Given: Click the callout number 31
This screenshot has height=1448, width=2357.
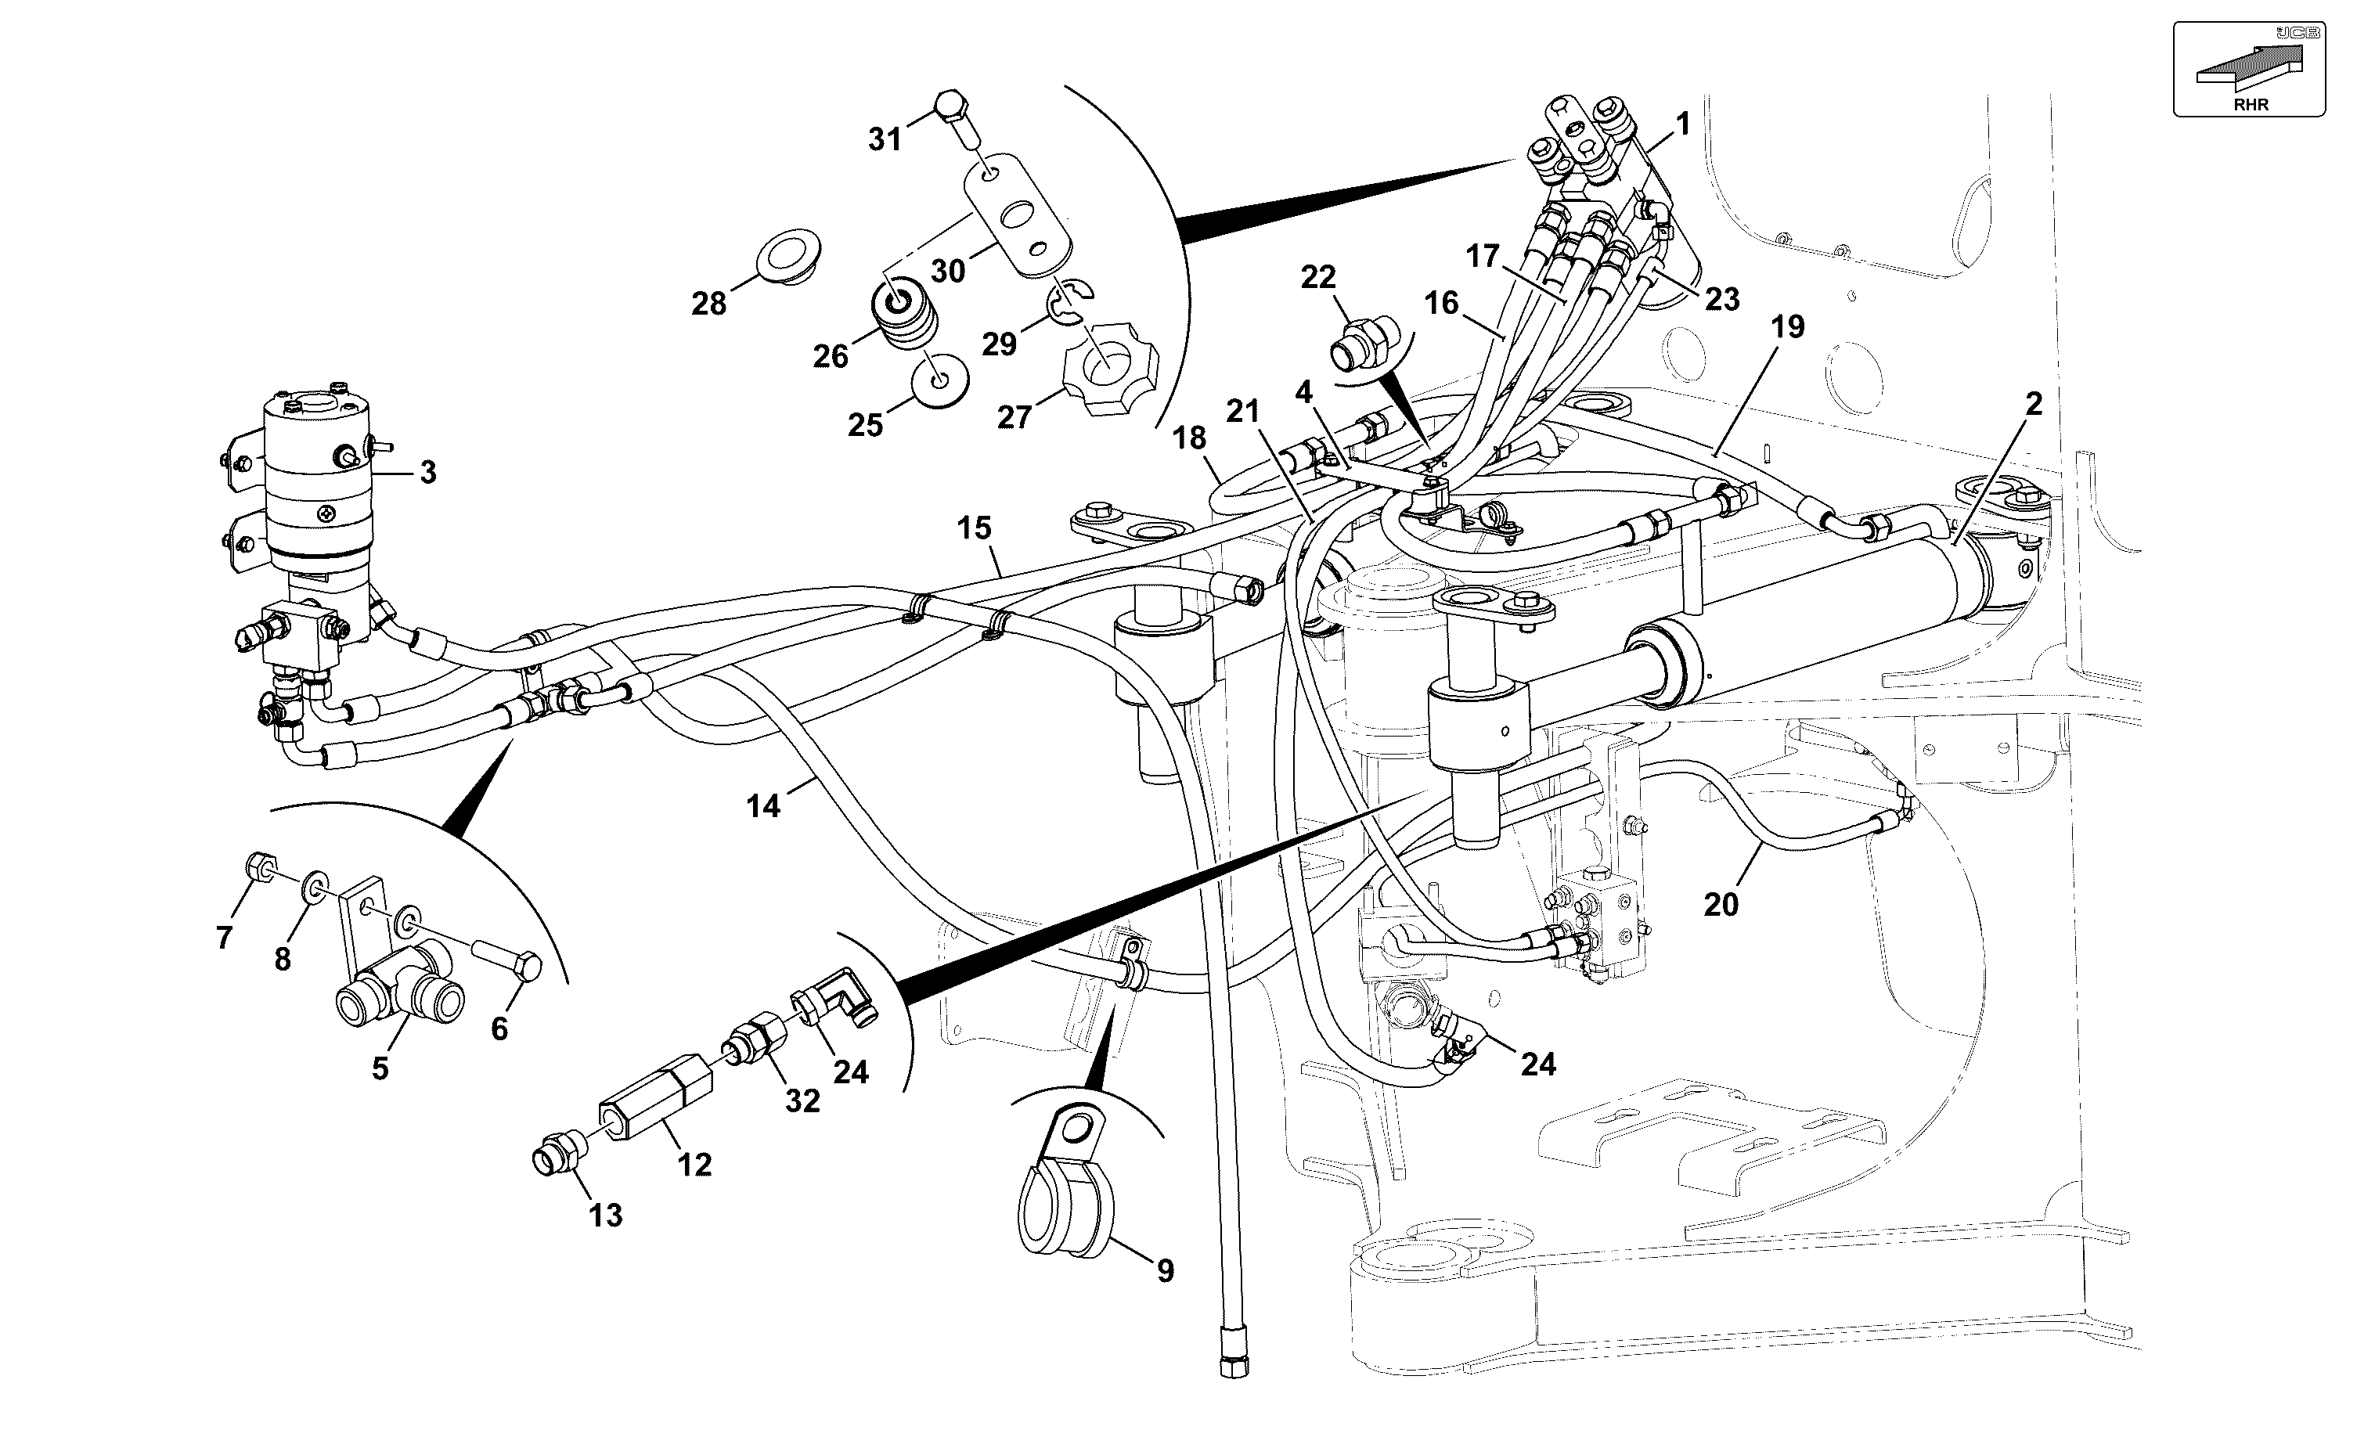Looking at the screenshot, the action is tap(885, 140).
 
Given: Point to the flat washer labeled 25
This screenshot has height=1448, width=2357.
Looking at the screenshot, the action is tap(939, 381).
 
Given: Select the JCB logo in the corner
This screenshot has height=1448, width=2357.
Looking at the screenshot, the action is tap(2298, 34).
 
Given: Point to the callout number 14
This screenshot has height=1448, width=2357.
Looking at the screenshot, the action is tap(763, 806).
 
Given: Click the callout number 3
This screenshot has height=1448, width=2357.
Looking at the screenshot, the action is tap(428, 472).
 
